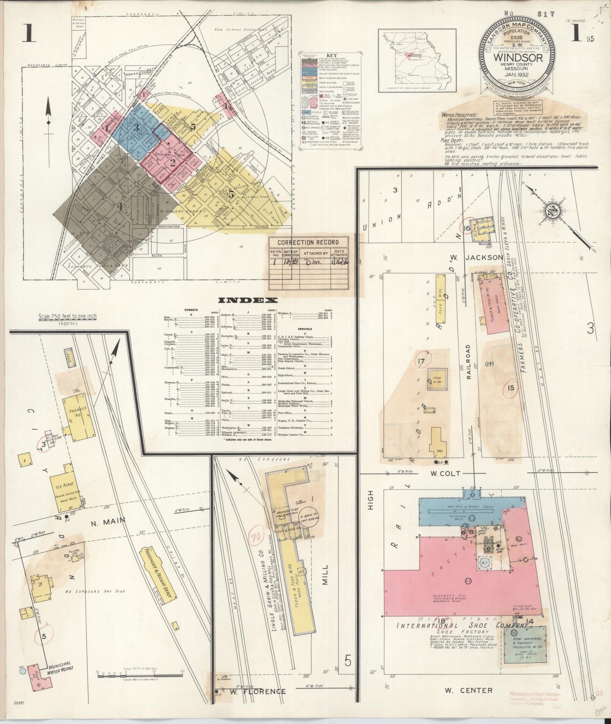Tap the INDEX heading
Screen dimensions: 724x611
tap(248, 300)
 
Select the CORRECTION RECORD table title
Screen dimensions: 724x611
tap(308, 242)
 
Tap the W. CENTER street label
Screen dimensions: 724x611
tap(469, 690)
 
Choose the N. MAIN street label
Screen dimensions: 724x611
tap(107, 522)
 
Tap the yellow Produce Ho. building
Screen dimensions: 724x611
tap(79, 416)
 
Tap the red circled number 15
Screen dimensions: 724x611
tap(511, 387)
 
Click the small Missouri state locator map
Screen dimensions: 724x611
tap(417, 60)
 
